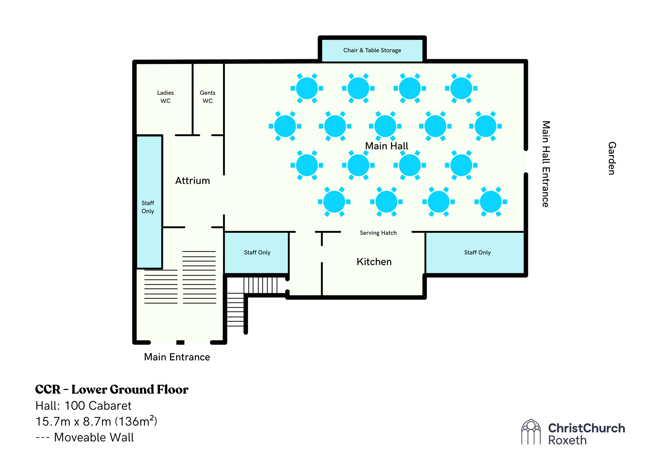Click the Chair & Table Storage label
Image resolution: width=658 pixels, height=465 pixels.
(372, 50)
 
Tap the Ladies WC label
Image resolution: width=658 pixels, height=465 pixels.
(165, 97)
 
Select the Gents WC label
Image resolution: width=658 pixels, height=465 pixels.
(207, 97)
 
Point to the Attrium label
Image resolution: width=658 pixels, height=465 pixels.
(193, 181)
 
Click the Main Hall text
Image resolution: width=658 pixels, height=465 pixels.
(386, 146)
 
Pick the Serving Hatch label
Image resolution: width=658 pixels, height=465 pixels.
(378, 233)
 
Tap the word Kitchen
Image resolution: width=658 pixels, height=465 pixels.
(374, 262)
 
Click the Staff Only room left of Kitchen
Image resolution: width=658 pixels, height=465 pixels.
(257, 252)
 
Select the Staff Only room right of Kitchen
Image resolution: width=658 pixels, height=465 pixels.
(477, 252)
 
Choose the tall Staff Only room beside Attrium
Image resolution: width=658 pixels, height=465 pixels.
(148, 207)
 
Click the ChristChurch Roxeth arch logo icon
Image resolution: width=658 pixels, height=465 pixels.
(531, 432)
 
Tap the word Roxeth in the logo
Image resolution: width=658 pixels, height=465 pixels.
(567, 440)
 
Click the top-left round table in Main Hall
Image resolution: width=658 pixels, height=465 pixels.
(307, 88)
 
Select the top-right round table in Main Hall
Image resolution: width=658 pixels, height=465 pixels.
(461, 88)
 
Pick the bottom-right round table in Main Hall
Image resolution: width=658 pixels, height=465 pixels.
(491, 202)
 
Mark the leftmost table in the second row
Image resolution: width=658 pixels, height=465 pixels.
(285, 126)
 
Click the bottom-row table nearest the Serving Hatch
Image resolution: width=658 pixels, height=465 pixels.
(386, 202)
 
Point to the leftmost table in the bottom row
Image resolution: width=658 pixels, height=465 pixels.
(334, 202)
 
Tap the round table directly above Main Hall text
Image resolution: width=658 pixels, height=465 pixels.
(385, 126)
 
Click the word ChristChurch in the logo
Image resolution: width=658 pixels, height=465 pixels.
(586, 428)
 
